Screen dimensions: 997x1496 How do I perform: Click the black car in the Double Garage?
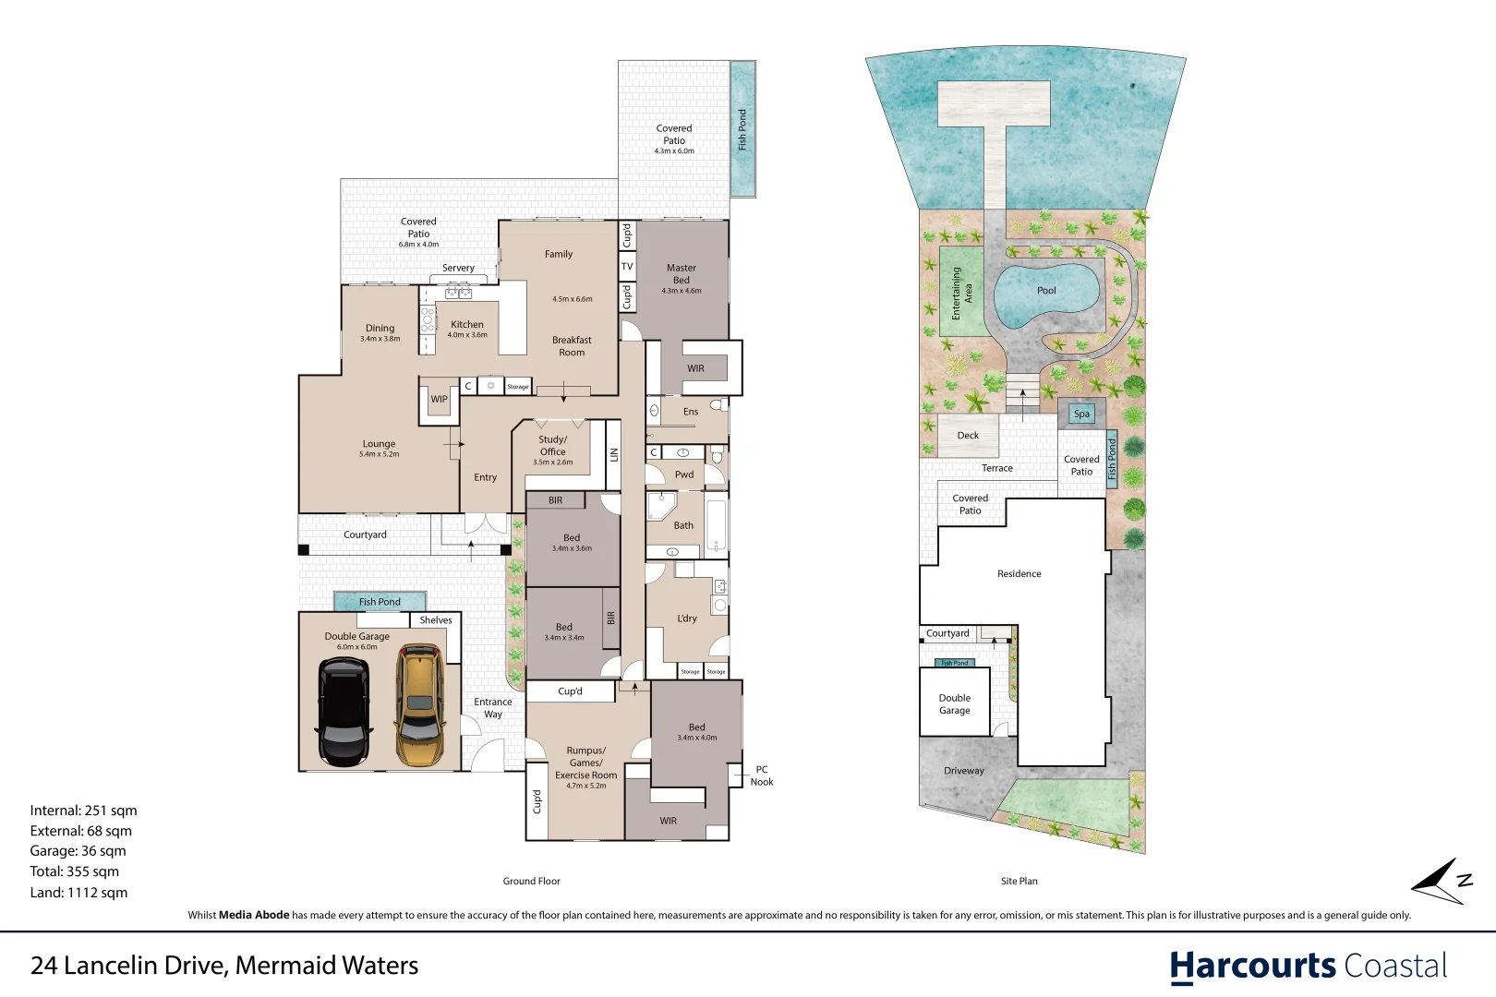[344, 712]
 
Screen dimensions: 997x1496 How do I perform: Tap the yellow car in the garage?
[420, 706]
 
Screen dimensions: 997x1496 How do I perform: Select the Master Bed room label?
[682, 274]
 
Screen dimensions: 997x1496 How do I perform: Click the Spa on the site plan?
[1081, 414]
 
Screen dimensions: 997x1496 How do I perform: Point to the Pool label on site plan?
[1046, 291]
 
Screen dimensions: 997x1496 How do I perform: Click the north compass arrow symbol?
[1439, 882]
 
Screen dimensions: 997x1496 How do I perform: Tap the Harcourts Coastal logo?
[1308, 967]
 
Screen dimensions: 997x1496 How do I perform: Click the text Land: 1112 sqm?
[78, 893]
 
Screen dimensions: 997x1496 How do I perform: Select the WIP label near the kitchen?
[439, 400]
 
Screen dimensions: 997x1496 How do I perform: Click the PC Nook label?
[762, 775]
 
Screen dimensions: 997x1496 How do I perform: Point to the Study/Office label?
[553, 446]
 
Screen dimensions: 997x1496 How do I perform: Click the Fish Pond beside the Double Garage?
[380, 602]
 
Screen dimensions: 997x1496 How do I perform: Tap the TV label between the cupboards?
[627, 267]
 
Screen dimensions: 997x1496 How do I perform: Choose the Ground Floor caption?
[531, 882]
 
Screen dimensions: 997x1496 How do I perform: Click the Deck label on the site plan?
[968, 436]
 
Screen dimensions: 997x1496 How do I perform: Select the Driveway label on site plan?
[963, 771]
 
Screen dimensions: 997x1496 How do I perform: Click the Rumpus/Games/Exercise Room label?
[585, 763]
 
